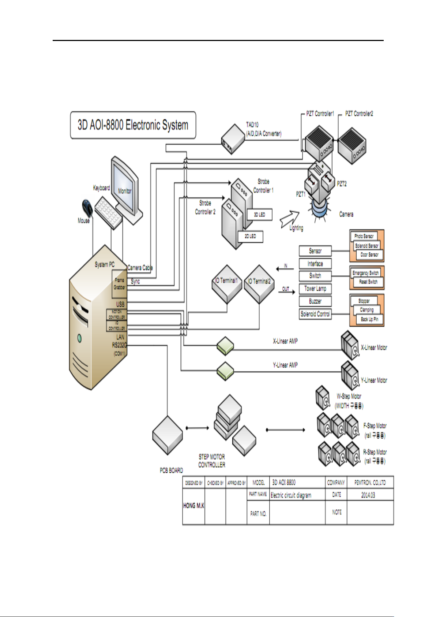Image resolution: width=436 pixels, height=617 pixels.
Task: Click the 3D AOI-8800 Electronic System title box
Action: [133, 125]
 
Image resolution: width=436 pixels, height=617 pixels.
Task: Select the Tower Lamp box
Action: [315, 289]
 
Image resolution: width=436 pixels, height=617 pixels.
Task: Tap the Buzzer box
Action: [315, 301]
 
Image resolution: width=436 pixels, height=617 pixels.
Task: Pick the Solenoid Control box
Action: [315, 314]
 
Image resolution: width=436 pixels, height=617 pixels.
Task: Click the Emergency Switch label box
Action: [365, 273]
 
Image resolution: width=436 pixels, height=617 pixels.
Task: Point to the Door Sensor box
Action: [369, 254]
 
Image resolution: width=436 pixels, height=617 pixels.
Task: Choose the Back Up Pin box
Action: [369, 319]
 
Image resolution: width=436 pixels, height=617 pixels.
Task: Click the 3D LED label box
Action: [259, 215]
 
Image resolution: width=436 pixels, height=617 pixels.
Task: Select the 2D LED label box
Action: [250, 237]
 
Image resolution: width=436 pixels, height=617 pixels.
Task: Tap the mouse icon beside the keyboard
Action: [87, 208]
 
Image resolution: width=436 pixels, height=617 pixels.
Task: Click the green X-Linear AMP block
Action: [225, 346]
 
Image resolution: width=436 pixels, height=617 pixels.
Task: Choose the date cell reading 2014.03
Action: [368, 495]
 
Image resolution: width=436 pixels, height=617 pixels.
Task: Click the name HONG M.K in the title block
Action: [193, 506]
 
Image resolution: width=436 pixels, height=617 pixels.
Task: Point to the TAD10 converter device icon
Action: [233, 139]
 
